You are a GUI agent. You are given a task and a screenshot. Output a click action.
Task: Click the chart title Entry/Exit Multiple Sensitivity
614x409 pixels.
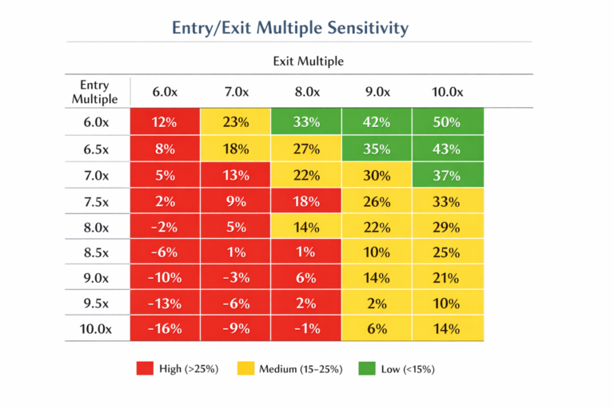[290, 28]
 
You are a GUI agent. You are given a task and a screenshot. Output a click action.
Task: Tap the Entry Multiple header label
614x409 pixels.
[94, 92]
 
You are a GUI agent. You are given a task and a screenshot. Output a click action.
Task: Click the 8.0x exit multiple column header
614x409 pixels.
[306, 93]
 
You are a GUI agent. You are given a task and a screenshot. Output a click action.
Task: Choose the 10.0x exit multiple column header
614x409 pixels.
[447, 93]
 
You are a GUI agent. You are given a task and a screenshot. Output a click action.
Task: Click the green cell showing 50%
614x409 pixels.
[447, 122]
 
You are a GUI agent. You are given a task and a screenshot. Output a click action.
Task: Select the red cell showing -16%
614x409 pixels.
[165, 328]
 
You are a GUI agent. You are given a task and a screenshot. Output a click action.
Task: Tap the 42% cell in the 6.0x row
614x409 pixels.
[377, 122]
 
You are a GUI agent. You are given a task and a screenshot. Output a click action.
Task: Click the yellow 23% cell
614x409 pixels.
[236, 122]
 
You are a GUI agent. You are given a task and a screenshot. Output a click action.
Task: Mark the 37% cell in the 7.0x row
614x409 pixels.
[447, 175]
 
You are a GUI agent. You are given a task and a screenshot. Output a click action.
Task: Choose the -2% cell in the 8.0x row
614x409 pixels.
[165, 227]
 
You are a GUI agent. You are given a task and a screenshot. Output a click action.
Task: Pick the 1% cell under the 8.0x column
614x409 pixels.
[306, 252]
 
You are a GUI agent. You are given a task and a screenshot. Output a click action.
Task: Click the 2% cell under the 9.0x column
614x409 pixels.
[377, 304]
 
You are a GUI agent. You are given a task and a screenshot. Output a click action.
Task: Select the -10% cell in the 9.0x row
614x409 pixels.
[165, 278]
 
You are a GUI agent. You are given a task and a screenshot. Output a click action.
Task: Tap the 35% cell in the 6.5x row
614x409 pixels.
[377, 149]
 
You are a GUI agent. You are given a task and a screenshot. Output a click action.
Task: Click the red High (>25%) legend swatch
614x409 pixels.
[145, 368]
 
